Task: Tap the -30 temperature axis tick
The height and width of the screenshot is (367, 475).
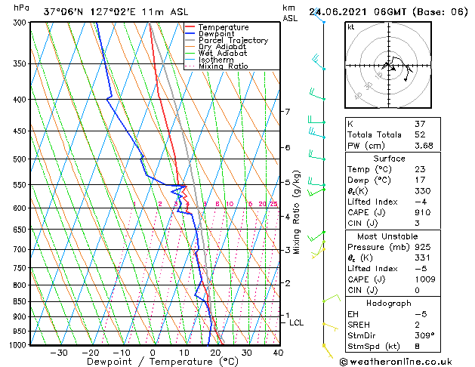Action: pyautogui.click(x=58, y=352)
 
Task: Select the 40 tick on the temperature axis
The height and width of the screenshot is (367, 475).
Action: pyautogui.click(x=278, y=352)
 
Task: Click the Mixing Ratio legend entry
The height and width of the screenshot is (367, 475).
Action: pyautogui.click(x=223, y=66)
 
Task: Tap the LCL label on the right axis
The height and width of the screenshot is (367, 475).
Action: pyautogui.click(x=297, y=322)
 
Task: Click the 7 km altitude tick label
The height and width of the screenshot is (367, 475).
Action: pyautogui.click(x=287, y=112)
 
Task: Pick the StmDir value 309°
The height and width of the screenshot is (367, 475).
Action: pyautogui.click(x=423, y=335)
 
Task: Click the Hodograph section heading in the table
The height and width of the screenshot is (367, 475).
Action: pyautogui.click(x=389, y=303)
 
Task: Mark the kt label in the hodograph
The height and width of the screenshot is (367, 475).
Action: pyautogui.click(x=351, y=26)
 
